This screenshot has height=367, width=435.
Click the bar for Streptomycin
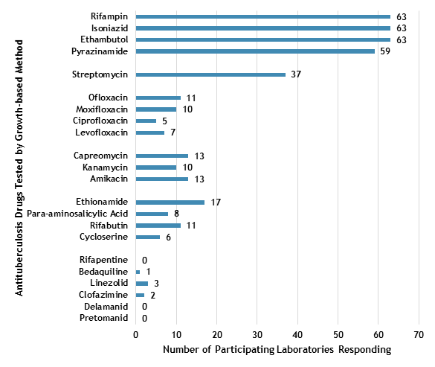pyautogui.click(x=210, y=74)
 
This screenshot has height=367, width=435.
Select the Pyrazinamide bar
pyautogui.click(x=255, y=51)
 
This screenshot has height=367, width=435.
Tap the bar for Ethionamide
pyautogui.click(x=170, y=202)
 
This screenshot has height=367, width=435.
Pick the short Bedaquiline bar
pyautogui.click(x=138, y=272)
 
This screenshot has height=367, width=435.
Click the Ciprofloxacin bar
pyautogui.click(x=146, y=121)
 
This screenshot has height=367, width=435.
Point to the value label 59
pyautogui.click(x=385, y=51)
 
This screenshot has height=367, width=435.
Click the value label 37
pyautogui.click(x=296, y=74)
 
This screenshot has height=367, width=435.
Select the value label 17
pyautogui.click(x=215, y=202)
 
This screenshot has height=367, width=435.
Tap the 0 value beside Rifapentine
pyautogui.click(x=144, y=260)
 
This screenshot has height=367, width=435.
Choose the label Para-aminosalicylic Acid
pyautogui.click(x=77, y=214)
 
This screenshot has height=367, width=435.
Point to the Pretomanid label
pyautogui.click(x=104, y=318)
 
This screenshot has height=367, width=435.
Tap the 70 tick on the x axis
pyautogui.click(x=419, y=334)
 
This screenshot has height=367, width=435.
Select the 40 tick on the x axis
pyautogui.click(x=298, y=334)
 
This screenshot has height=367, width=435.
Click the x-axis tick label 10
pyautogui.click(x=176, y=334)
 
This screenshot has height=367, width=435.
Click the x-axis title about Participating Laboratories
pyautogui.click(x=277, y=349)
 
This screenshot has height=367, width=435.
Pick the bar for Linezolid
pyautogui.click(x=142, y=283)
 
